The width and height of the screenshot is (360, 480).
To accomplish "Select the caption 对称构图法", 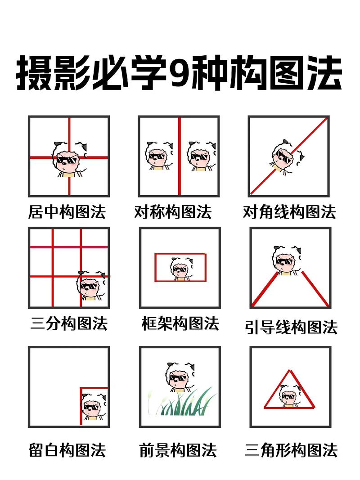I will (x=173, y=211).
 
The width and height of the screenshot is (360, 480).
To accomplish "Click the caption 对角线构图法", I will (x=289, y=211).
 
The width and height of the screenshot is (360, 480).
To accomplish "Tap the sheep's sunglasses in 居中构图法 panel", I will (x=67, y=160).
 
